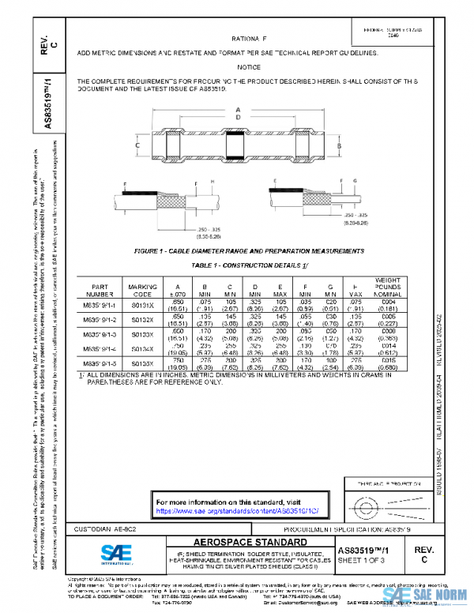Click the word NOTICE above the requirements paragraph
point(249,67)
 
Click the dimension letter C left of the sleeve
point(137,147)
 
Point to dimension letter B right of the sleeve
point(338,147)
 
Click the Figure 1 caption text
point(249,251)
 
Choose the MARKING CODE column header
point(143,291)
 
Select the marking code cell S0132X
point(143,318)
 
